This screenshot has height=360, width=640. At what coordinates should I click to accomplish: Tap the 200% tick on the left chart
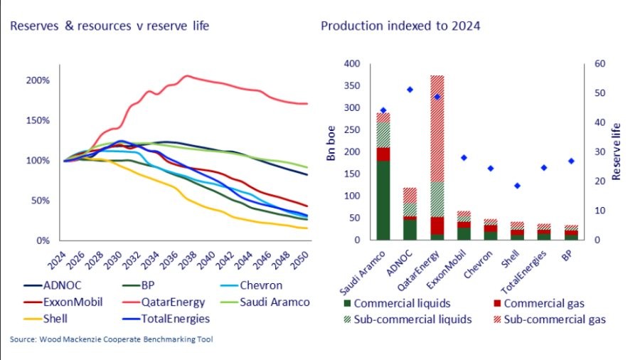38,80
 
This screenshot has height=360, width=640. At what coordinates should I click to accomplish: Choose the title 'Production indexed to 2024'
400,26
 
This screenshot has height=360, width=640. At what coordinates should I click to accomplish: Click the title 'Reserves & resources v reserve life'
110,26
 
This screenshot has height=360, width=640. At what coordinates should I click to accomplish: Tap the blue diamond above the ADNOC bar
410,90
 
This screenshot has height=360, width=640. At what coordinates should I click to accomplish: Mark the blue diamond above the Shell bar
517,186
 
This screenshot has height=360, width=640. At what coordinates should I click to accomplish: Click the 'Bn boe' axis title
331,151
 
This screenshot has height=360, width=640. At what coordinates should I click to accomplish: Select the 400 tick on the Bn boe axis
353,64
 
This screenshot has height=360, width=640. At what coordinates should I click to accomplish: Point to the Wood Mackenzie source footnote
111,339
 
